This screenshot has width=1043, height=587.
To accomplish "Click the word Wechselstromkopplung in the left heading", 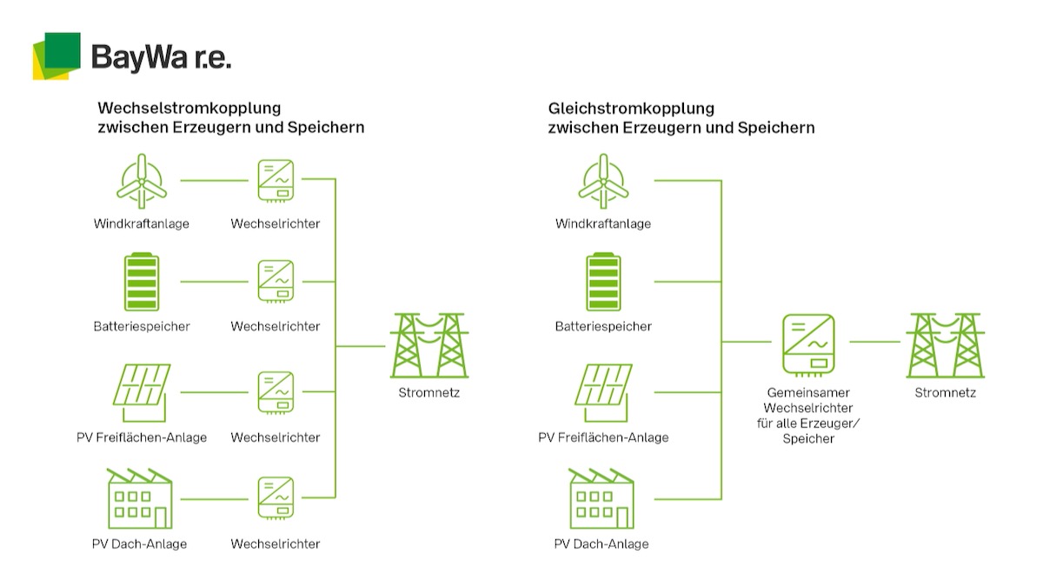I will [189, 109].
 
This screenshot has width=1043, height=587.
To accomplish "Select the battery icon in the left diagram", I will [141, 281].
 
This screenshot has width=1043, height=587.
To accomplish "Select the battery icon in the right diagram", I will [603, 281].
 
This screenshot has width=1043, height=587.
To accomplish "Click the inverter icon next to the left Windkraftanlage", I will [276, 180].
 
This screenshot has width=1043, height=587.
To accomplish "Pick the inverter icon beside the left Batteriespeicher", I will [276, 281].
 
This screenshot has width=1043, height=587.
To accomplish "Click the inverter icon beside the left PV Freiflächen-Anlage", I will [276, 392].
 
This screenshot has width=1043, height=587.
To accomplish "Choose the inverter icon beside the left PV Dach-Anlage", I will [276, 498].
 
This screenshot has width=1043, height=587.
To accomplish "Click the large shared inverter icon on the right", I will [808, 342].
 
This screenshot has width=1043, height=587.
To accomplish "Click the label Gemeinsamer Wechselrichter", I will [808, 400].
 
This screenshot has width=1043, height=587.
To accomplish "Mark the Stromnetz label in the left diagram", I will [429, 393].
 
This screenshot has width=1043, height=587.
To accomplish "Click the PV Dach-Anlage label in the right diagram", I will [601, 544].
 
